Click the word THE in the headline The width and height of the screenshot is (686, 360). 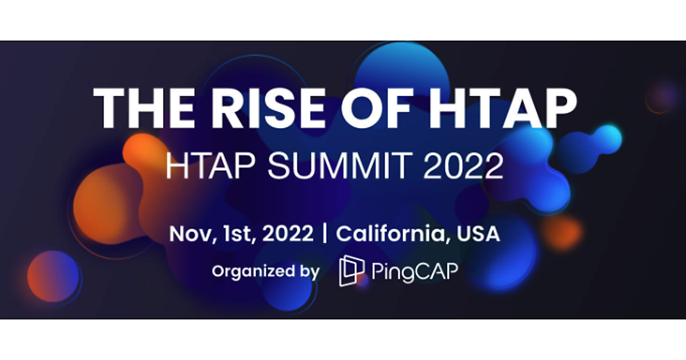click(144, 108)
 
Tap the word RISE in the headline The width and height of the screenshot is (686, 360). click(269, 108)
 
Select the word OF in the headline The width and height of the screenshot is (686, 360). click(376, 108)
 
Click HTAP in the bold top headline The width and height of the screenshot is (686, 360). click(502, 108)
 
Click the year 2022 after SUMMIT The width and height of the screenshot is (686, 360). click(464, 166)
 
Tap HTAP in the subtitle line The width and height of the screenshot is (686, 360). click(210, 166)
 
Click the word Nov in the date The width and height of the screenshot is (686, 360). click(192, 234)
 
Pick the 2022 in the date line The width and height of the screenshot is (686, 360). click(288, 234)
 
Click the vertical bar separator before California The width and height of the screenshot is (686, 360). click(325, 234)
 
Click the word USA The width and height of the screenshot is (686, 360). click(478, 234)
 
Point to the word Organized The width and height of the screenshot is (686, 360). click(253, 271)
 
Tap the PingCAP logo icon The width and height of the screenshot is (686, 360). click(352, 271)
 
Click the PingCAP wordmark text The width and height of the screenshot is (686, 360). click(415, 271)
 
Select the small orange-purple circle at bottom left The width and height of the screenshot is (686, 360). click(53, 277)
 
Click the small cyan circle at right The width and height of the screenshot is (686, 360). click(608, 139)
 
